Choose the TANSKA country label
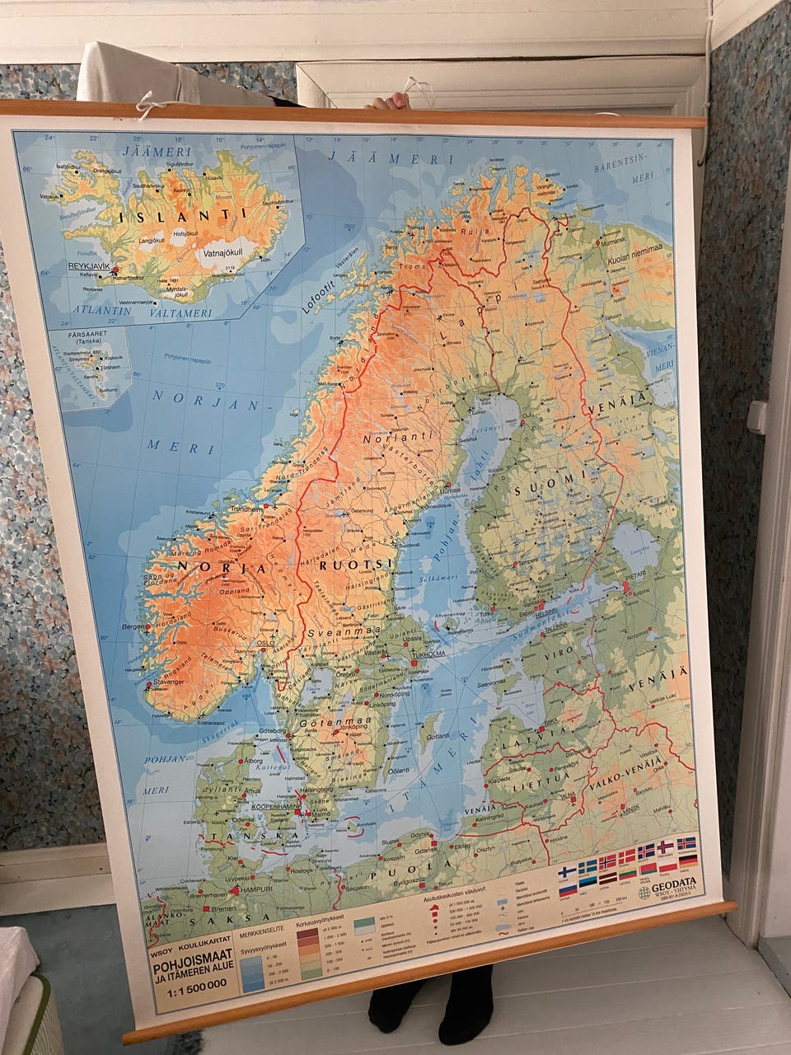[x=233, y=837]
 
